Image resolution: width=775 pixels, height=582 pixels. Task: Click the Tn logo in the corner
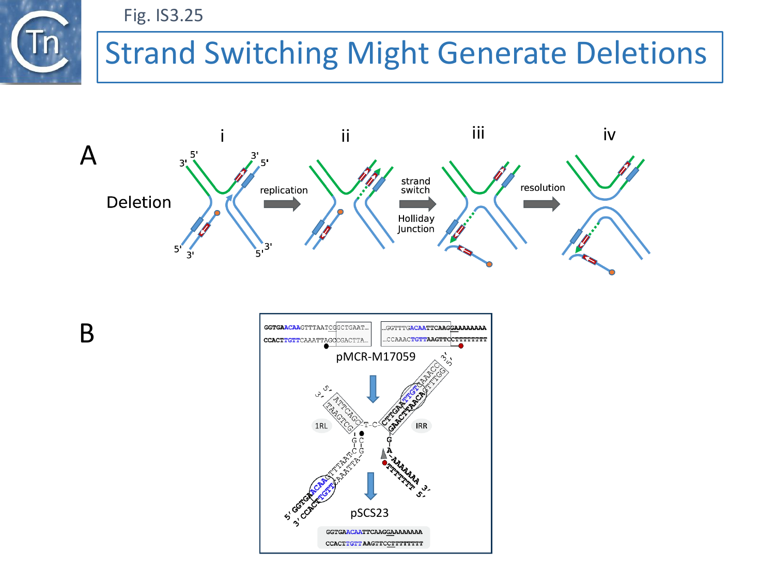pos(40,42)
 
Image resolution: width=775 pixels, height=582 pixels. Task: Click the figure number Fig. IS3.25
pos(163,16)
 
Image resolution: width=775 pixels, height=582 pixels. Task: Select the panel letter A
pos(88,155)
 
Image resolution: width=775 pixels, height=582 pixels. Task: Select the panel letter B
pos(87,333)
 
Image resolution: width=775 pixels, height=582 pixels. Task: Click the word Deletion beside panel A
pos(138,202)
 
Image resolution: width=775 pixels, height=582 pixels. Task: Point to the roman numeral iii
pos(478,133)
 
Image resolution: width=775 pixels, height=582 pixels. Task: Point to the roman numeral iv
pos(609,135)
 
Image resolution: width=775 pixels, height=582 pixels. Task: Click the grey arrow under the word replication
pos(282,204)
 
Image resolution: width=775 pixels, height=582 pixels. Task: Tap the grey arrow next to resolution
pos(541,204)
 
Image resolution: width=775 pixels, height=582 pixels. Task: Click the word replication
pos(284,190)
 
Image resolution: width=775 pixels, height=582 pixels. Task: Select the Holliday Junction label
pos(416,223)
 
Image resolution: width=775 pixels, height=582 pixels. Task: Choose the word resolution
pos(542,188)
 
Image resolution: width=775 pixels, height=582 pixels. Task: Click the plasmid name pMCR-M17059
pos(376,357)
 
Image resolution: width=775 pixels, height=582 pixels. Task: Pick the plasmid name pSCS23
pos(369,513)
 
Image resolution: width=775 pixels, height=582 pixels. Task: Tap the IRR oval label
pos(422,426)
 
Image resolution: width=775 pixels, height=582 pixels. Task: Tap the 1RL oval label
pos(321,426)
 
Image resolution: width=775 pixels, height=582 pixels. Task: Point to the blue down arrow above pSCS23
pos(370,486)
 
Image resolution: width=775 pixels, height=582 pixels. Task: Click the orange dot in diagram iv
pos(612,272)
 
